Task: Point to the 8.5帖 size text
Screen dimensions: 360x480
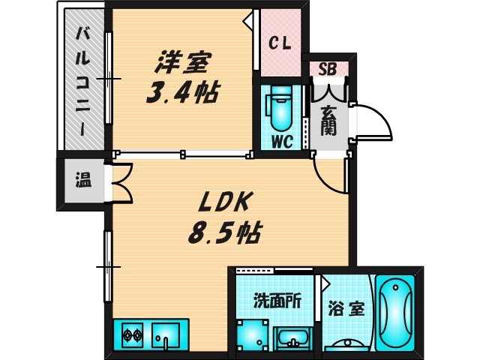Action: pyautogui.click(x=223, y=234)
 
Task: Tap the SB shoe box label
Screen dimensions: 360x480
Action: pyautogui.click(x=327, y=70)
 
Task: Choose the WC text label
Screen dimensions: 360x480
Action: pyautogui.click(x=280, y=140)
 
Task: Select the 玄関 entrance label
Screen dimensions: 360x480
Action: pyautogui.click(x=328, y=120)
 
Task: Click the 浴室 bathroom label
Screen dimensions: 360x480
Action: pyautogui.click(x=346, y=308)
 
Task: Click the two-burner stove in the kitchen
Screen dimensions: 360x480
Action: pyautogui.click(x=131, y=335)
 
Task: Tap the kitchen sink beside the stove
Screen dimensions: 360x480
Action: pyautogui.click(x=166, y=336)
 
